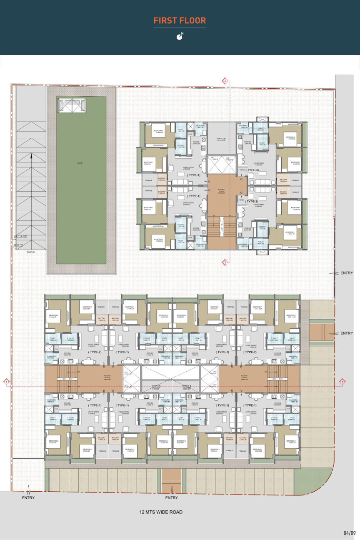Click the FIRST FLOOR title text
click(x=180, y=20)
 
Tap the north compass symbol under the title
click(x=180, y=36)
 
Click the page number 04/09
click(x=350, y=533)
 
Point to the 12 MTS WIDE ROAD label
click(x=161, y=512)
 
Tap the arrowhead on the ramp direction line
click(x=31, y=156)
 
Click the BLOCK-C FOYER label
click(x=221, y=191)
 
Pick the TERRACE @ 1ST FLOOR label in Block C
click(x=220, y=139)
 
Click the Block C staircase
click(x=221, y=227)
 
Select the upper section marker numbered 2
click(x=225, y=80)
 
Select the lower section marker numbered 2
click(x=225, y=262)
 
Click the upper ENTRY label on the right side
click(x=346, y=273)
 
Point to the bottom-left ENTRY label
click(x=28, y=497)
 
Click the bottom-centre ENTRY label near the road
click(x=171, y=497)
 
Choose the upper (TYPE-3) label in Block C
click(x=252, y=170)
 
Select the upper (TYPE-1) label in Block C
click(x=193, y=175)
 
